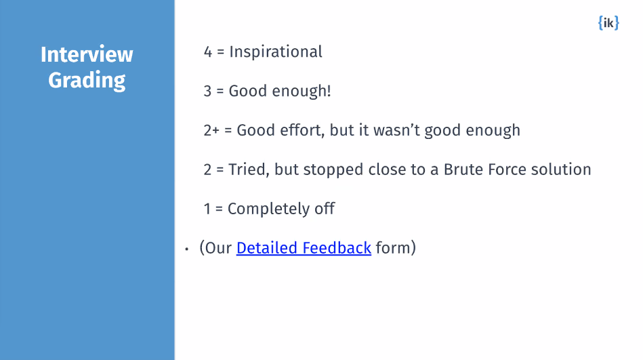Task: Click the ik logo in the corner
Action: [x=608, y=23]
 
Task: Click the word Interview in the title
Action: [x=87, y=54]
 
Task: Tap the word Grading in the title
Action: [x=87, y=80]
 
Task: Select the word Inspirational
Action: [x=276, y=52]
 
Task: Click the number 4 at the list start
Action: [x=208, y=52]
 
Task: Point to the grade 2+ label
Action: [x=211, y=130]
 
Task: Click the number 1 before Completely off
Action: [x=207, y=209]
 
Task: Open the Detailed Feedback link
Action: [x=304, y=248]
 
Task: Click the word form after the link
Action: [x=395, y=248]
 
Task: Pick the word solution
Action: [x=565, y=169]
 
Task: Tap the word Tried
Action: [x=250, y=169]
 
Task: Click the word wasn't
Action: [x=392, y=130]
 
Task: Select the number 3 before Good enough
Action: [x=208, y=91]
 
